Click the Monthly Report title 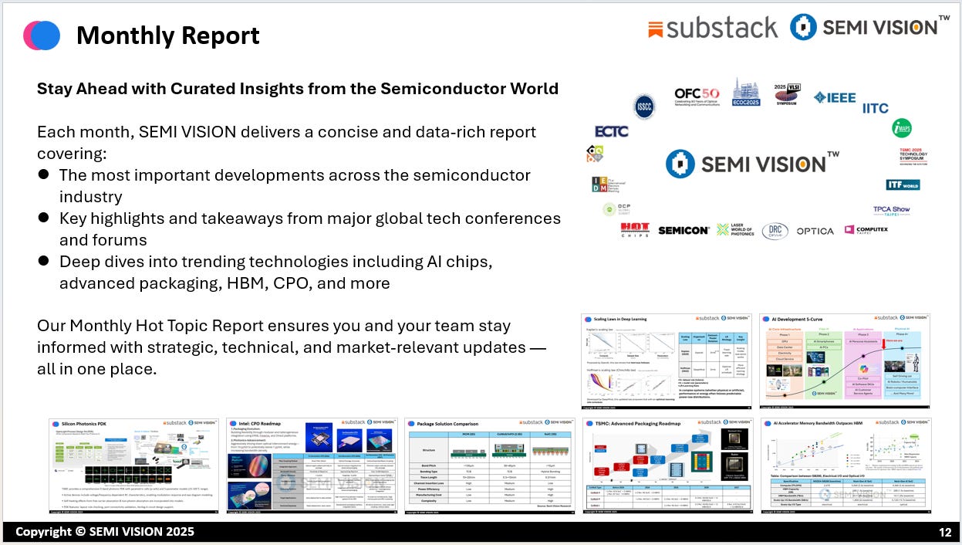(x=167, y=36)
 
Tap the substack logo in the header (x=713, y=29)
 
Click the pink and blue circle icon (x=42, y=36)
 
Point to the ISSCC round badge (x=645, y=107)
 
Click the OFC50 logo (x=697, y=97)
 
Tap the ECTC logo (x=611, y=132)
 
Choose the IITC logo (x=875, y=108)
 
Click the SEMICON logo (x=684, y=230)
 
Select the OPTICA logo (x=815, y=231)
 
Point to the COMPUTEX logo (x=866, y=229)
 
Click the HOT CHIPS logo (x=635, y=230)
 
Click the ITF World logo (x=903, y=184)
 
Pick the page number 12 (x=944, y=532)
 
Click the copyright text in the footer (x=105, y=532)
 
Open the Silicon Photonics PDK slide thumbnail (x=133, y=465)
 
